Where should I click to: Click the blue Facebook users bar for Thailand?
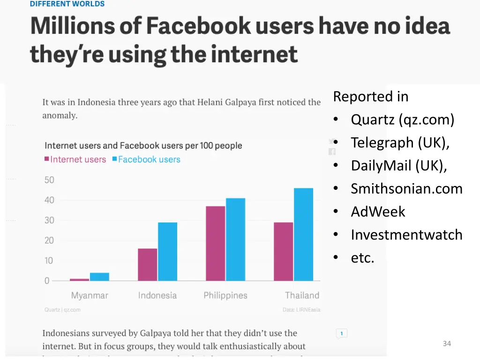tap(303, 234)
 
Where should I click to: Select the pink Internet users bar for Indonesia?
tap(148, 264)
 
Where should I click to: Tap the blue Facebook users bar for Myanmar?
tap(99, 277)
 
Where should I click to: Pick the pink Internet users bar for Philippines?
tap(216, 243)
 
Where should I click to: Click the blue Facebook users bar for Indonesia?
tap(167, 251)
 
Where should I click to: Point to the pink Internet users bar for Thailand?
tap(284, 251)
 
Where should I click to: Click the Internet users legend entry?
tap(75, 159)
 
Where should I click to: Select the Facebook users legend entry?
tap(146, 159)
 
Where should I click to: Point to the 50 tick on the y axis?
tap(49, 180)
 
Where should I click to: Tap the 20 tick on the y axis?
tap(49, 240)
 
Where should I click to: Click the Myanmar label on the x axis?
tap(90, 295)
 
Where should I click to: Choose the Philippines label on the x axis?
tap(225, 295)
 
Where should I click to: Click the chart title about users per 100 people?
tap(143, 145)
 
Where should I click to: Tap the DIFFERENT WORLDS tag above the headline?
tap(67, 4)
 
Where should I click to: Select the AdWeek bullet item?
tap(378, 211)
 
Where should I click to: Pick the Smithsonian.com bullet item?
tap(406, 188)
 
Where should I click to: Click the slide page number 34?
tap(447, 344)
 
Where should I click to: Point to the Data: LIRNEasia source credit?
tap(301, 310)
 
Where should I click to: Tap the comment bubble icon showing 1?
tap(341, 334)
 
